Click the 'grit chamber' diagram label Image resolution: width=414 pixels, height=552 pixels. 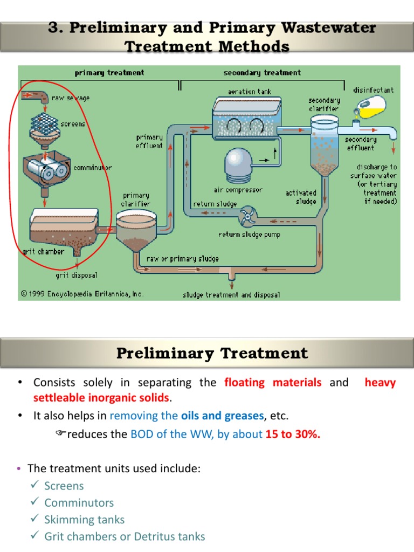pyautogui.click(x=43, y=251)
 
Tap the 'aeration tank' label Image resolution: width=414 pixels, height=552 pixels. pyautogui.click(x=250, y=92)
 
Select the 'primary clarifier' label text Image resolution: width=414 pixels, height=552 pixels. pyautogui.click(x=136, y=199)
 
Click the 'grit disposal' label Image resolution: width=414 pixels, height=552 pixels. pyautogui.click(x=77, y=275)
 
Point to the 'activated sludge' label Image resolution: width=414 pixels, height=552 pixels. pyautogui.click(x=301, y=197)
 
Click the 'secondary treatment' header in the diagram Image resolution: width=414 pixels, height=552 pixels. pyautogui.click(x=262, y=73)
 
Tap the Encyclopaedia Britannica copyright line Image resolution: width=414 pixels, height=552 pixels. pyautogui.click(x=82, y=294)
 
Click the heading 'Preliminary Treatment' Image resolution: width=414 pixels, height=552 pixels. pyautogui.click(x=212, y=354)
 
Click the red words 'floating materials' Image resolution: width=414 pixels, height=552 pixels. pyautogui.click(x=273, y=383)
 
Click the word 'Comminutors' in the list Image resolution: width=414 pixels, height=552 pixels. pyautogui.click(x=79, y=503)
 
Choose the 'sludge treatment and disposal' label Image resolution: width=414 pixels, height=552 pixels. pyautogui.click(x=231, y=295)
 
